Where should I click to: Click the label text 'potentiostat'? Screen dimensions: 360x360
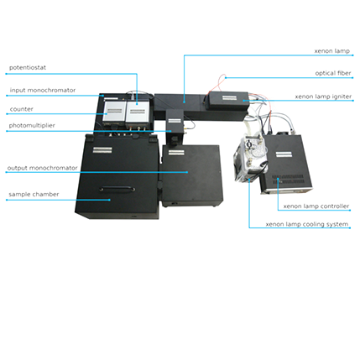tap(28, 68)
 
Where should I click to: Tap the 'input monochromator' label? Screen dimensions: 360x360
tap(43, 91)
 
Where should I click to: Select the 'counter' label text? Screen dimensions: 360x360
tap(21, 109)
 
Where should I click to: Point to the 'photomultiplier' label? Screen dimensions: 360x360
tap(32, 126)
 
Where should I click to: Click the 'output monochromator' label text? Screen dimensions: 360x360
tap(42, 168)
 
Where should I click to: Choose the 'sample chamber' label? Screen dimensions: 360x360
tap(34, 195)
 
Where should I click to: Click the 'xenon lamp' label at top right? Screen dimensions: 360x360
tap(332, 51)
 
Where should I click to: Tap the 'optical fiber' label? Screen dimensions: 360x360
tap(333, 73)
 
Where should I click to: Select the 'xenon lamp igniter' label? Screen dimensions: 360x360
tap(323, 97)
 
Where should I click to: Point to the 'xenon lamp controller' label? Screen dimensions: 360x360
tap(316, 206)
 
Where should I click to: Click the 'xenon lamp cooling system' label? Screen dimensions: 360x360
tap(307, 224)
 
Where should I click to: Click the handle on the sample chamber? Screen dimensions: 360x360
tap(117, 188)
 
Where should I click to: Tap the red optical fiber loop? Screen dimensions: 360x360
tap(221, 81)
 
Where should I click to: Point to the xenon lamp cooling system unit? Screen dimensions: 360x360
tap(250, 157)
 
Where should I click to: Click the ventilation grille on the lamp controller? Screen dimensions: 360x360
tap(288, 180)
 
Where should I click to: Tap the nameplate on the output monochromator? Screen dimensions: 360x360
tap(175, 153)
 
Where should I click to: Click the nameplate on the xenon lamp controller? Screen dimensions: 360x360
tap(284, 154)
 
